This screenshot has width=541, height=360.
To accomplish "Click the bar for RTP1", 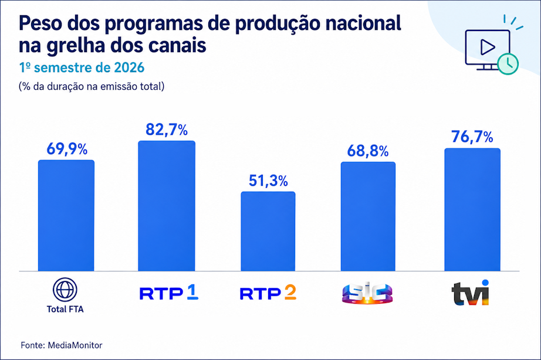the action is (167, 206).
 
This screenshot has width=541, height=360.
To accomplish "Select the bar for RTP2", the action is (268, 232).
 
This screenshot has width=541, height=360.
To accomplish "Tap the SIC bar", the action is (368, 216).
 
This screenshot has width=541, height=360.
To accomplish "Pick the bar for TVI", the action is (472, 210).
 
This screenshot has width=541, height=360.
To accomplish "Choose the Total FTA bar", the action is (66, 216).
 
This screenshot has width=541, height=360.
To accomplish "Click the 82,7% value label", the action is (167, 130).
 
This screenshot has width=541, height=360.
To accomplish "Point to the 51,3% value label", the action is (268, 181).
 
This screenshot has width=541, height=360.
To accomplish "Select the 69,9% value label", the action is (67, 149).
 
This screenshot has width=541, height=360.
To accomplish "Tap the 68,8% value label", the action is (368, 151).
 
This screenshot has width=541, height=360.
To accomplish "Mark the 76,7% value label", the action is (472, 137).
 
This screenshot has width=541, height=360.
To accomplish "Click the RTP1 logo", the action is (169, 293).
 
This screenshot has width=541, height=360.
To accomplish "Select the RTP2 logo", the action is (268, 293).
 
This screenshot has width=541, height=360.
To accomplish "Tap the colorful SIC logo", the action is (367, 293).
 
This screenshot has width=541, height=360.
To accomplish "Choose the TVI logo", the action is (470, 293).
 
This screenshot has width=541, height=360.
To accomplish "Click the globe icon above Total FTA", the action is (65, 290).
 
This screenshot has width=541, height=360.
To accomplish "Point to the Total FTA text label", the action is (65, 310).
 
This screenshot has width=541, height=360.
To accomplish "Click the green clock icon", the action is (508, 64).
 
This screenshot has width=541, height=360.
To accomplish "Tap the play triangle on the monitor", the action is (487, 47).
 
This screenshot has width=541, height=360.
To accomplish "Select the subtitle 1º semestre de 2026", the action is (82, 67).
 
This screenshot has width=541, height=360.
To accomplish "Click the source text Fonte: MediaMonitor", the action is (62, 345).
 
